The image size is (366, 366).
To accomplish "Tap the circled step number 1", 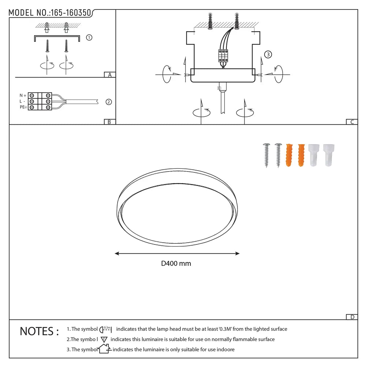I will [x=89, y=37].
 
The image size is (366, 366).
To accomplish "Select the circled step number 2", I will [x=108, y=102].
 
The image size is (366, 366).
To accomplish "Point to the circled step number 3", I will [x=268, y=55].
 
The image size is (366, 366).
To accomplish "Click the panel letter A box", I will [x=109, y=75].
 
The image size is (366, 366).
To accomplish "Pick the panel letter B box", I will [x=109, y=122].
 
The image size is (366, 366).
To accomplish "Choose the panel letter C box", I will [x=352, y=122].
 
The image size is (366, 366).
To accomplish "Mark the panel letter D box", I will [x=352, y=317].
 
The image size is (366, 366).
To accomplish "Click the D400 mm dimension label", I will [x=176, y=264].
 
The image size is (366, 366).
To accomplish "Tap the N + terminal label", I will [x=23, y=95].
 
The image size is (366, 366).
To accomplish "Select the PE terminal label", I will [x=23, y=107].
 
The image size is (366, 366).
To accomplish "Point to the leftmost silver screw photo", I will [x=266, y=155].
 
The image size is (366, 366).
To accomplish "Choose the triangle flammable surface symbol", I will [x=103, y=339].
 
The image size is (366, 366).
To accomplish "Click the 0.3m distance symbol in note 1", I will [x=105, y=329].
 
